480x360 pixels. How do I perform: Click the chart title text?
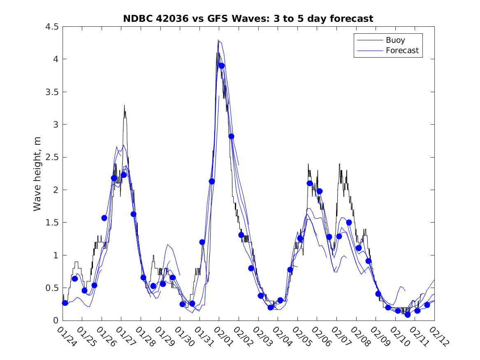click(248, 19)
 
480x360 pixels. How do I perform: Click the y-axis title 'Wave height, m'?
click(37, 173)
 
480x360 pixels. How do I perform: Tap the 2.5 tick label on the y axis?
click(52, 158)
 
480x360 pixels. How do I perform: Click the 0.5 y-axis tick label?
click(52, 288)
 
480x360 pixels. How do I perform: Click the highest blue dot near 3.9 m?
click(222, 65)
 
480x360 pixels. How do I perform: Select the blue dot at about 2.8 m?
click(231, 137)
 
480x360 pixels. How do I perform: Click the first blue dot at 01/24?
click(65, 303)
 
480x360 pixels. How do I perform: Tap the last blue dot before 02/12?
click(427, 305)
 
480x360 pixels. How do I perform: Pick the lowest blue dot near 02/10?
click(408, 315)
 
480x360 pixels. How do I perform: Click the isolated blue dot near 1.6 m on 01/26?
click(104, 218)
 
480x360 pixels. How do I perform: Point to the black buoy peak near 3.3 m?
click(124, 106)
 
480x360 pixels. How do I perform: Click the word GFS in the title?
click(208, 19)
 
